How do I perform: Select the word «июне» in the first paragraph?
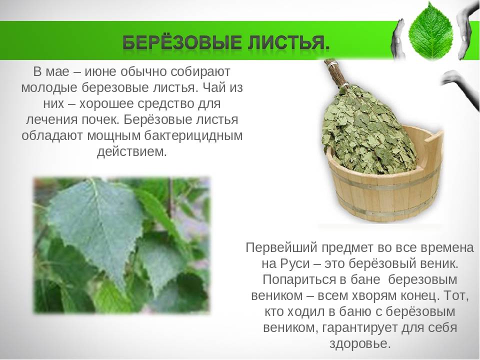pyautogui.click(x=100, y=72)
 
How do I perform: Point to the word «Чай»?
pyautogui.click(x=211, y=88)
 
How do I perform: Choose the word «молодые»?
pyautogui.click(x=49, y=88)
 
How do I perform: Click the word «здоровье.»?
pyautogui.click(x=360, y=344)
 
